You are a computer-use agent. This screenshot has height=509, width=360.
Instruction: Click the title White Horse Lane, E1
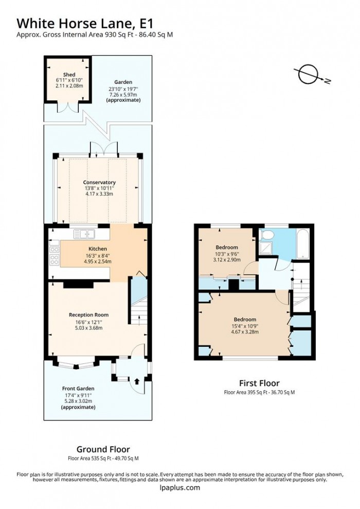(x=85, y=23)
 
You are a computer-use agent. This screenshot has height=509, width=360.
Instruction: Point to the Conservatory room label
(x=99, y=182)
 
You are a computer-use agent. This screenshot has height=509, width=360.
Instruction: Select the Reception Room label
(x=89, y=314)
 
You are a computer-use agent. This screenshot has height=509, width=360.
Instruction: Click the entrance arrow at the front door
(x=137, y=381)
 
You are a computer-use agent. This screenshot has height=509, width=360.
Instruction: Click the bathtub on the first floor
(x=301, y=243)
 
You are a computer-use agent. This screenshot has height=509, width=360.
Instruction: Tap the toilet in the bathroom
(x=266, y=236)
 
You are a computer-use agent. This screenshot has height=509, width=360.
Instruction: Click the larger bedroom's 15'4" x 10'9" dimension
(x=245, y=326)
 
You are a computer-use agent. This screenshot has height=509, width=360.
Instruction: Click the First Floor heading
(x=259, y=383)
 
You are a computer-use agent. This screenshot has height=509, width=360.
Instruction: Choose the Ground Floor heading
(x=103, y=449)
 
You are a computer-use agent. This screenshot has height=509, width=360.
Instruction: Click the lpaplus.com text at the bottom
(x=179, y=488)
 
